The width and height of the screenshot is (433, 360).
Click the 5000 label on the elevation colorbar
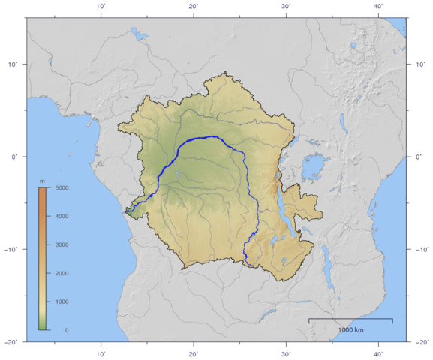tap(62, 187)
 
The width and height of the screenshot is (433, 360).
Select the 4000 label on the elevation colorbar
tap(62, 216)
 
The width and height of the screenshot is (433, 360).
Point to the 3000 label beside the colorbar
tap(62, 244)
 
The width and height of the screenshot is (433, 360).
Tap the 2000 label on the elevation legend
tap(62, 273)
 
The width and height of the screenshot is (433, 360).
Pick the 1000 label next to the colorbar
tap(62, 301)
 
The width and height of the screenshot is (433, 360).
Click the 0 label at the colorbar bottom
tap(67, 329)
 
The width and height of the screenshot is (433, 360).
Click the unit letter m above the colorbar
tap(42, 181)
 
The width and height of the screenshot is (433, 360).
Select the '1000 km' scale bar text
tap(350, 329)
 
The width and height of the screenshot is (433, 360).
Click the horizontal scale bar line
tap(350, 319)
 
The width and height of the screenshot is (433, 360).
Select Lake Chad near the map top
tap(136, 34)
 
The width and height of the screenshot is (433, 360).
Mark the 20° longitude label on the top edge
tap(194, 6)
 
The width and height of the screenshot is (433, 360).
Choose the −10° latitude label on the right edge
tap(421, 249)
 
